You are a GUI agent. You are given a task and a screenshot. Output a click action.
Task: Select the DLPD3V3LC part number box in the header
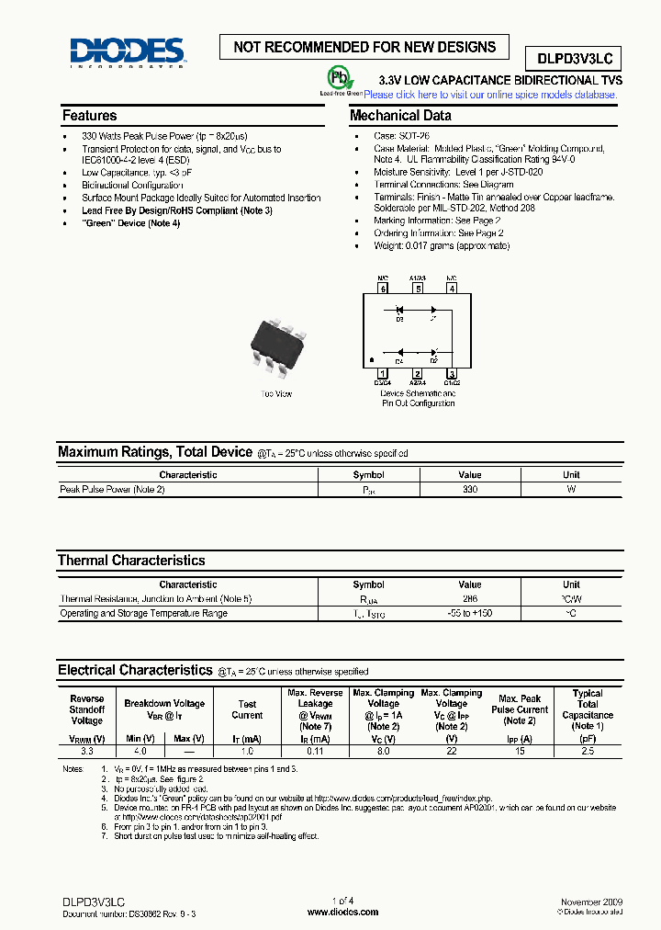574,59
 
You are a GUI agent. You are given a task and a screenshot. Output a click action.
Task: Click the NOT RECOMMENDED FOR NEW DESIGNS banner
364,47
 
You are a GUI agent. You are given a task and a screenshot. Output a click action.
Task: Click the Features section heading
89,116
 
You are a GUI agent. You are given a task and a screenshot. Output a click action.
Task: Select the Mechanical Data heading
400,116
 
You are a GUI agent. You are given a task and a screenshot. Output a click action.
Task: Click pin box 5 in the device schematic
418,289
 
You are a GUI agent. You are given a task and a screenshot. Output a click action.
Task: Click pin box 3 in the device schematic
451,374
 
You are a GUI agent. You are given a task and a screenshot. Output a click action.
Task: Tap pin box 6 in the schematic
383,289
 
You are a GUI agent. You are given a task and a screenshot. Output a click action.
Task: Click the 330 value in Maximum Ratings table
469,490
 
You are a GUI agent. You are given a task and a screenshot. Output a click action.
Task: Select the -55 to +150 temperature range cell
469,613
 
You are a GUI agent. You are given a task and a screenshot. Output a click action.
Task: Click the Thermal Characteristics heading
131,560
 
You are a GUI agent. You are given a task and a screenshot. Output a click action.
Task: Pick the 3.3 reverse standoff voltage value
87,751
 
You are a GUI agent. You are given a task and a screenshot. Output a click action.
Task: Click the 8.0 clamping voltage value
383,751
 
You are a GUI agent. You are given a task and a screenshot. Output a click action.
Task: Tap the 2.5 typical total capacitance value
588,751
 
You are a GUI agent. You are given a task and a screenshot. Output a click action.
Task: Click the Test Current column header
247,709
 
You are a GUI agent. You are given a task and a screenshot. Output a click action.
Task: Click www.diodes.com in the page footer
342,912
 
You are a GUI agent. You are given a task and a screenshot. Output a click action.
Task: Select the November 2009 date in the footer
590,902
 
